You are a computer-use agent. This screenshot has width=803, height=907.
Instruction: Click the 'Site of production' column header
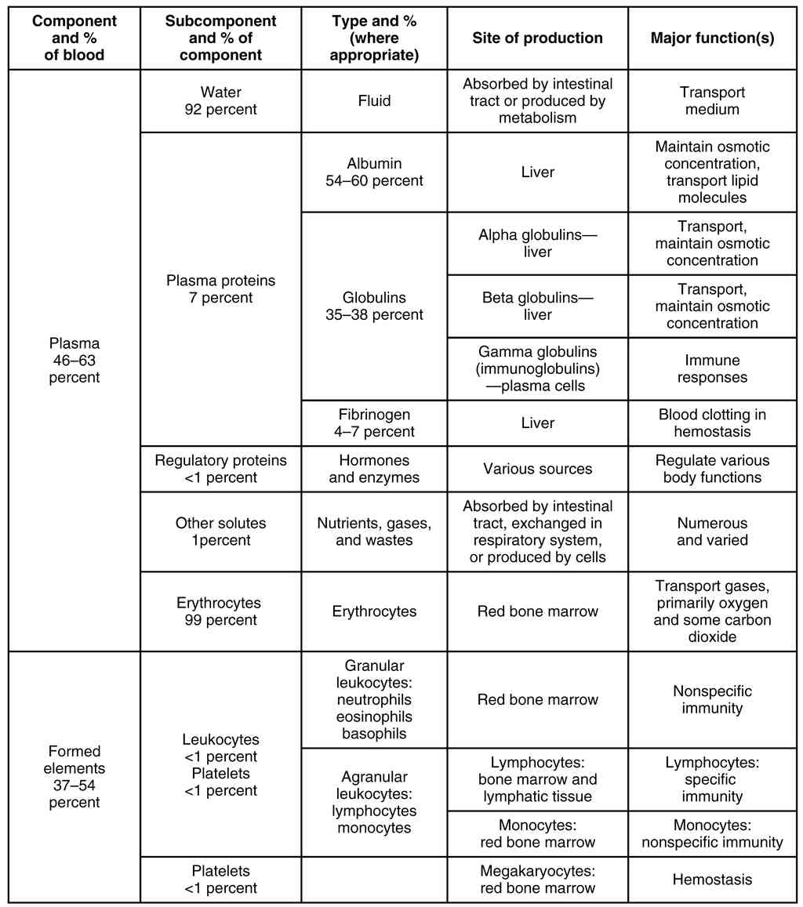point(537,38)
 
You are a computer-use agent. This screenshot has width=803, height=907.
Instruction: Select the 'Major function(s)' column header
point(712,38)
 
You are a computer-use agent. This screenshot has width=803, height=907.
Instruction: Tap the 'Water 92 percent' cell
point(220,100)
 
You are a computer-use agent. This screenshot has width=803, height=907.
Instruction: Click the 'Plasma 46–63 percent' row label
point(74,360)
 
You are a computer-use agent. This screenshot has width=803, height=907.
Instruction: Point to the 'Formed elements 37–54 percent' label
point(74,777)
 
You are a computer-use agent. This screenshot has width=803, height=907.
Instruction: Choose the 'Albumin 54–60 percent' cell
point(374,172)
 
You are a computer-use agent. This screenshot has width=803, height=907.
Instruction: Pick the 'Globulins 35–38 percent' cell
point(374,306)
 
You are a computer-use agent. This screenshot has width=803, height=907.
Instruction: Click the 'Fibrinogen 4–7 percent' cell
point(374,423)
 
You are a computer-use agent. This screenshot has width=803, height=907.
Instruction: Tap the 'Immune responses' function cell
point(712,368)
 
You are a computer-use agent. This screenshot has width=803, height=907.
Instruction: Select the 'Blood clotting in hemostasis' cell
point(712,423)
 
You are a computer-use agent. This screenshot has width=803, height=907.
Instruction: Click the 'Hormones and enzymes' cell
point(374,469)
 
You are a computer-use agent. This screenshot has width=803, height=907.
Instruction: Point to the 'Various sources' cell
point(537,469)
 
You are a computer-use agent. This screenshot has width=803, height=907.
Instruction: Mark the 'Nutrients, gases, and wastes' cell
point(374,531)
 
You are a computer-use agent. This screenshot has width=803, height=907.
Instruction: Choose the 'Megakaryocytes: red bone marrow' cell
point(537,880)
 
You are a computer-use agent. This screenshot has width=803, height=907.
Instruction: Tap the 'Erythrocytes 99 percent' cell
point(220,611)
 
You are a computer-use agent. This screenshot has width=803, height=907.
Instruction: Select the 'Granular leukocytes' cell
point(374,699)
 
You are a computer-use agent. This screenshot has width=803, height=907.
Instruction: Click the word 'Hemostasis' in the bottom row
point(712,880)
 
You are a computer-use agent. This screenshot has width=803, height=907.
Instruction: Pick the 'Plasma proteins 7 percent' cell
point(220,288)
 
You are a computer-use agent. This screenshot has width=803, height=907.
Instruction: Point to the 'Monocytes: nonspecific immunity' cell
point(712,834)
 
